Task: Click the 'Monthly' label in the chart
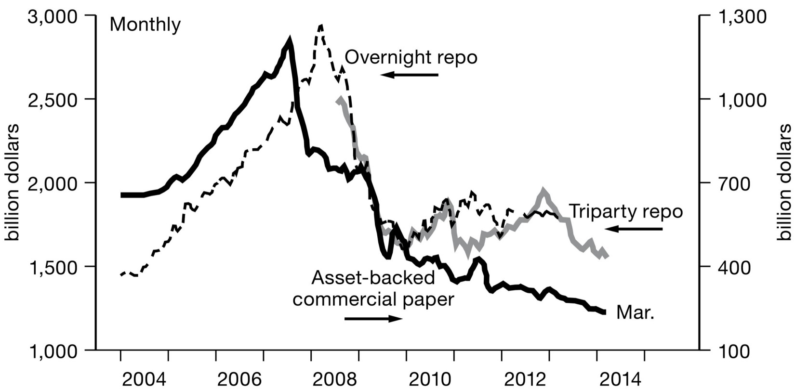point(145,25)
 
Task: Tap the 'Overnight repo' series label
point(411,58)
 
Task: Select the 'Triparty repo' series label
point(626,211)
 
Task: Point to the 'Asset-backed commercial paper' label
point(373,288)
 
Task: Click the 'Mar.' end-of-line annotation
point(636,313)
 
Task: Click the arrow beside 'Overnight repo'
point(409,75)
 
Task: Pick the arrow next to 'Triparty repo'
point(633,229)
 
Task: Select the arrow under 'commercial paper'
point(373,318)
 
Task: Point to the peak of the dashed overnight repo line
point(321,26)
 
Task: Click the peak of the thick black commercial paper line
point(290,39)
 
